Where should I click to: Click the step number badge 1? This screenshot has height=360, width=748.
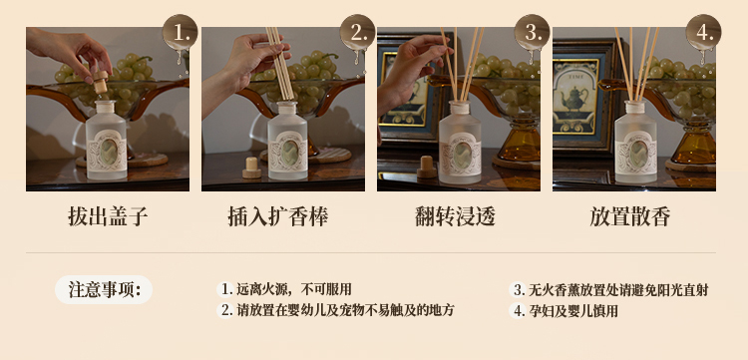pyautogui.click(x=180, y=33)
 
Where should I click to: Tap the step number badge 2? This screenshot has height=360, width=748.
pyautogui.click(x=357, y=33)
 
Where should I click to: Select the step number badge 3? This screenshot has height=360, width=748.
pyautogui.click(x=532, y=33)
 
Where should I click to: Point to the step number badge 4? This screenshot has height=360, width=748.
pyautogui.click(x=704, y=33)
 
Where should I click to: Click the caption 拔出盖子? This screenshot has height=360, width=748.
pyautogui.click(x=108, y=217)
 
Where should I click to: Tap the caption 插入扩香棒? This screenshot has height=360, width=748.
pyautogui.click(x=278, y=217)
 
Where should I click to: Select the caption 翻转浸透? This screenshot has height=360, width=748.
pyautogui.click(x=456, y=217)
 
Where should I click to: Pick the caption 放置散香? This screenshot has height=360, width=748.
pyautogui.click(x=629, y=217)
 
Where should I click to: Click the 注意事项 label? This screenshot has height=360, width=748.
pyautogui.click(x=104, y=289)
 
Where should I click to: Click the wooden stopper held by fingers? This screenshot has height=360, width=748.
pyautogui.click(x=100, y=82)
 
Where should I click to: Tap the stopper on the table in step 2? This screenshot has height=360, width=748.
pyautogui.click(x=252, y=168)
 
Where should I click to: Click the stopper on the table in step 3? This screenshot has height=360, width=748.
pyautogui.click(x=427, y=167)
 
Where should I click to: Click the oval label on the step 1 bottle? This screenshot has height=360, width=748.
pyautogui.click(x=109, y=152)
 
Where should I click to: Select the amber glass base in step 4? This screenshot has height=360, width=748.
pyautogui.click(x=692, y=142)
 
